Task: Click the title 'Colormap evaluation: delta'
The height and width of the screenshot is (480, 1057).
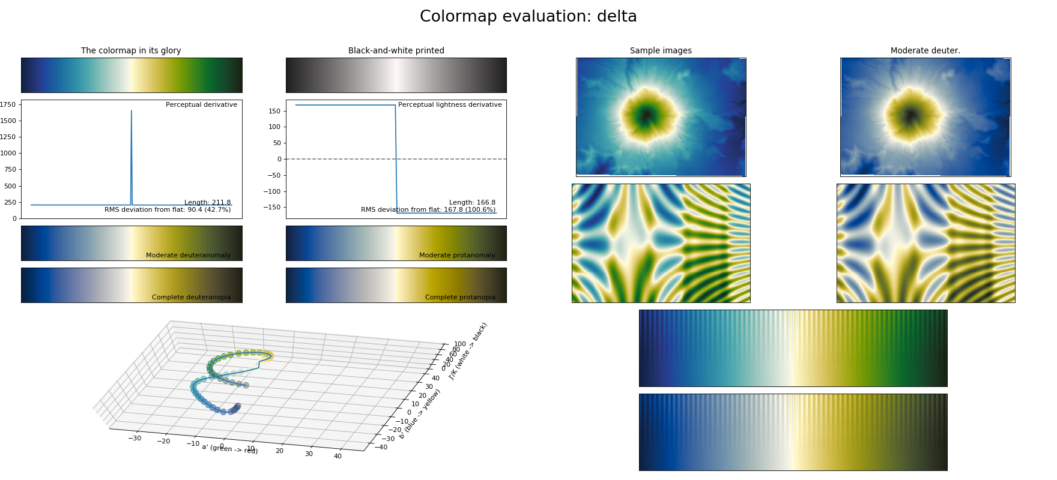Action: coord(528,17)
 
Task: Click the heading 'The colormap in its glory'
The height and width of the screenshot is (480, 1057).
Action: coord(131,51)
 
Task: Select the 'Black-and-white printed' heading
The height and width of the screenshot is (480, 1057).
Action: coord(396,51)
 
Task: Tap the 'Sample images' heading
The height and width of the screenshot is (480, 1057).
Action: coord(661,51)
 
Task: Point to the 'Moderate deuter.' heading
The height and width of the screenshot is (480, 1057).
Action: coord(925,51)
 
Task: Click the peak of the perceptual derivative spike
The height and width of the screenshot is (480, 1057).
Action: coord(132,111)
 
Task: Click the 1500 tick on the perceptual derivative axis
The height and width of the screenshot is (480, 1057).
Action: coord(8,121)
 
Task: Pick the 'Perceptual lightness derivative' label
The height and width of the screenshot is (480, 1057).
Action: coord(450,105)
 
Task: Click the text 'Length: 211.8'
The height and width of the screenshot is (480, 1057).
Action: coord(207,203)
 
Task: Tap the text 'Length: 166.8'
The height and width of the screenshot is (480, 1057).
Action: coord(472,203)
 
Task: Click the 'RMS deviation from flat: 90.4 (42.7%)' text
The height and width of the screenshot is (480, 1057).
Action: coord(168,210)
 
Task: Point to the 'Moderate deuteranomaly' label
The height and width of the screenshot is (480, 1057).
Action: coord(188,256)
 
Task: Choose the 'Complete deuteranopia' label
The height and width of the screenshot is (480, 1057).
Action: coord(191,298)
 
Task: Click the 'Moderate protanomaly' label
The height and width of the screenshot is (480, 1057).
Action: coord(457,256)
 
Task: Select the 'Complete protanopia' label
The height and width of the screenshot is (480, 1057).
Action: coord(460,298)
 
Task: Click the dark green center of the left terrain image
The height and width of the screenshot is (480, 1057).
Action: coord(646,115)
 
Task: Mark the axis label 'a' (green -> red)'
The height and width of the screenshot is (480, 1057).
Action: coord(229,449)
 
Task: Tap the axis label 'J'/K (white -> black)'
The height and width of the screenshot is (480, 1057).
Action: coord(468,351)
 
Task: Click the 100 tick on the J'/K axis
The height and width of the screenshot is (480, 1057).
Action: coord(460,344)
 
